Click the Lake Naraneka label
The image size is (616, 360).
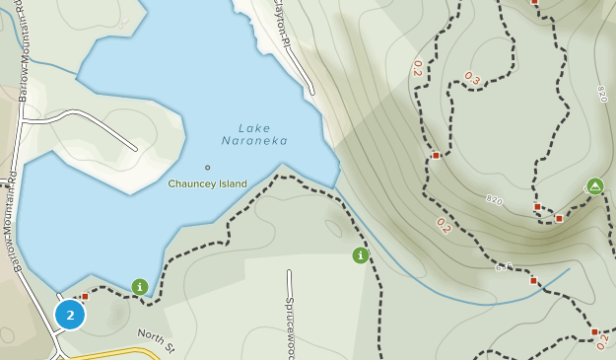[255, 134]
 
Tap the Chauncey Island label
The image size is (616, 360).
[207, 183]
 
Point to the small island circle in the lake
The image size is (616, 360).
[207, 167]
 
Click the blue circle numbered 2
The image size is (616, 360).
[70, 315]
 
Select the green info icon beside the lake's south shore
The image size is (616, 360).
[140, 287]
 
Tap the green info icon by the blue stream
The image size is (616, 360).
[361, 255]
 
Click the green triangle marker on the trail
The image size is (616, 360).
[594, 185]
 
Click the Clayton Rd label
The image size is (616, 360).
[283, 25]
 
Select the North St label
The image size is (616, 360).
[156, 340]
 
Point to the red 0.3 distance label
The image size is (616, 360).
[473, 77]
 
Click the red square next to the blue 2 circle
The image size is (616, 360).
[85, 296]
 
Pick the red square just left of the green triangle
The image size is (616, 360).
[559, 218]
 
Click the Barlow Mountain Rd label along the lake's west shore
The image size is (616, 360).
[14, 222]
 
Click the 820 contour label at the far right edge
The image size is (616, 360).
[601, 94]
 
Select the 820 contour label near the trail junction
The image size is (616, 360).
[494, 200]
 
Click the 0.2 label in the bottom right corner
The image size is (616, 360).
[602, 341]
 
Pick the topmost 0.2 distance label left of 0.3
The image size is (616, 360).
[418, 67]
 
